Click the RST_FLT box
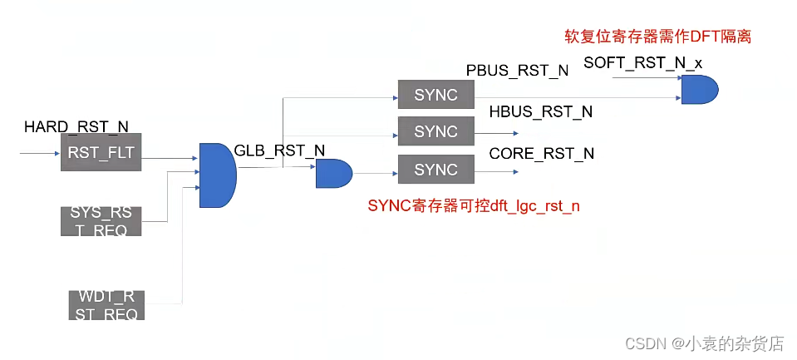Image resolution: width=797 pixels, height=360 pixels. pos(101,152)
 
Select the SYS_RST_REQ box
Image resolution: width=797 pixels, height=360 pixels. pos(101,220)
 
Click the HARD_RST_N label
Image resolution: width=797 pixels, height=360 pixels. pos(76,126)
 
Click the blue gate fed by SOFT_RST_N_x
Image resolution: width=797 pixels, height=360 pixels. pos(699,88)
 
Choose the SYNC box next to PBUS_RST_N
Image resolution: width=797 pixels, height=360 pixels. pos(435,95)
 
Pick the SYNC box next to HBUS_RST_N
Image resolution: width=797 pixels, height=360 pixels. pos(435,131)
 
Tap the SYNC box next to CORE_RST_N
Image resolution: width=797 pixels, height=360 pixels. pos(435,170)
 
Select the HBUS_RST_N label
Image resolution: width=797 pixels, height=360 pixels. pos(541,112)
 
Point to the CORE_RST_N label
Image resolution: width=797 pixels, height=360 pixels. pos(542,153)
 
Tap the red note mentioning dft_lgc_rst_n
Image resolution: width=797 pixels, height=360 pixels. pos(473,205)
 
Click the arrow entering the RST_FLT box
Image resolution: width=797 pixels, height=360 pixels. pos(40,153)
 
